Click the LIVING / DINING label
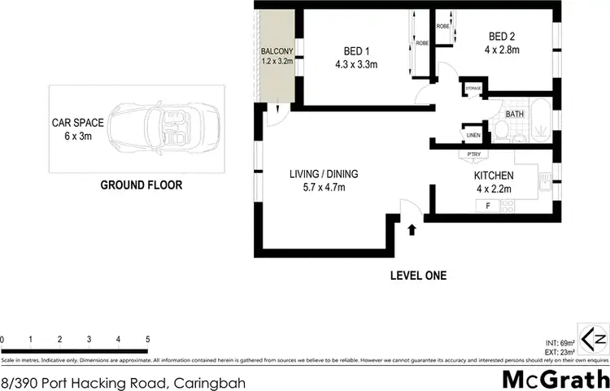pyautogui.click(x=324, y=173)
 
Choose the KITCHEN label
pyautogui.click(x=493, y=176)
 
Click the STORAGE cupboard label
pyautogui.click(x=473, y=87)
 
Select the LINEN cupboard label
pyautogui.click(x=472, y=135)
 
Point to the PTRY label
pyautogui.click(x=473, y=154)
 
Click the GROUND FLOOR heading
pyautogui.click(x=141, y=185)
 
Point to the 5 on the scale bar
pyautogui.click(x=147, y=339)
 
